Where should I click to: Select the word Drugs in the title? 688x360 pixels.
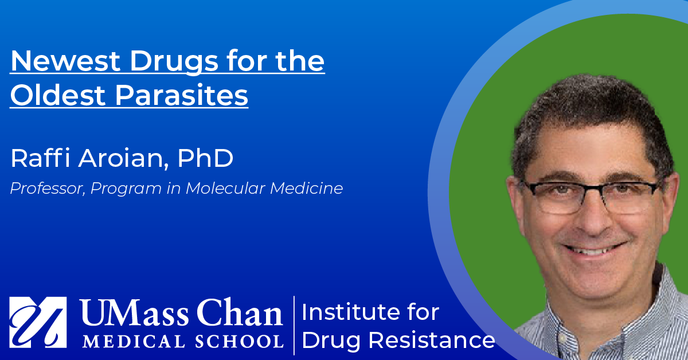click(174, 62)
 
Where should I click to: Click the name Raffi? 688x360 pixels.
click(41, 158)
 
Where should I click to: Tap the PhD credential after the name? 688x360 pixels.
click(205, 158)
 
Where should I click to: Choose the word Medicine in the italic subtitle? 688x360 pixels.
click(307, 188)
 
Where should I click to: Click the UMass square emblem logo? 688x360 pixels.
click(38, 322)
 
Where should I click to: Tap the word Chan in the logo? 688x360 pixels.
click(240, 312)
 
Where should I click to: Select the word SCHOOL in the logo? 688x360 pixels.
click(239, 341)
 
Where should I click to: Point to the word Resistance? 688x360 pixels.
click(432, 341)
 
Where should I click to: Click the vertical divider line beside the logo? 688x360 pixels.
click(294, 325)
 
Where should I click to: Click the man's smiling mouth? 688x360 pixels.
click(593, 249)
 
